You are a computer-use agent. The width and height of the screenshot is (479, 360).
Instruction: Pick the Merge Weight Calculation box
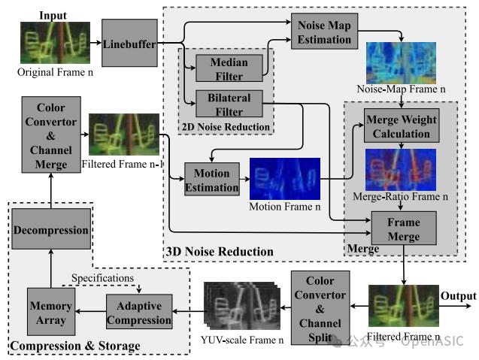tap(402, 127)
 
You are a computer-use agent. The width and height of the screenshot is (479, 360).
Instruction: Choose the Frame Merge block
tap(403, 228)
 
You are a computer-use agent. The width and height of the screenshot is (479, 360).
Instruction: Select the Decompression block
tap(50, 231)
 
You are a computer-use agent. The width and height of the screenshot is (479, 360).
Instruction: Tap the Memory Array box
tap(50, 312)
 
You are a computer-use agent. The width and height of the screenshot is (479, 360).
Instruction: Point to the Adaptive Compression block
tap(138, 312)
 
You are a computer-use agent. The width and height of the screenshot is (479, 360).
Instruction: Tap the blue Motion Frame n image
tap(284, 178)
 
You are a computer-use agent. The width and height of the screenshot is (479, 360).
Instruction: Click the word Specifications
tap(102, 278)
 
